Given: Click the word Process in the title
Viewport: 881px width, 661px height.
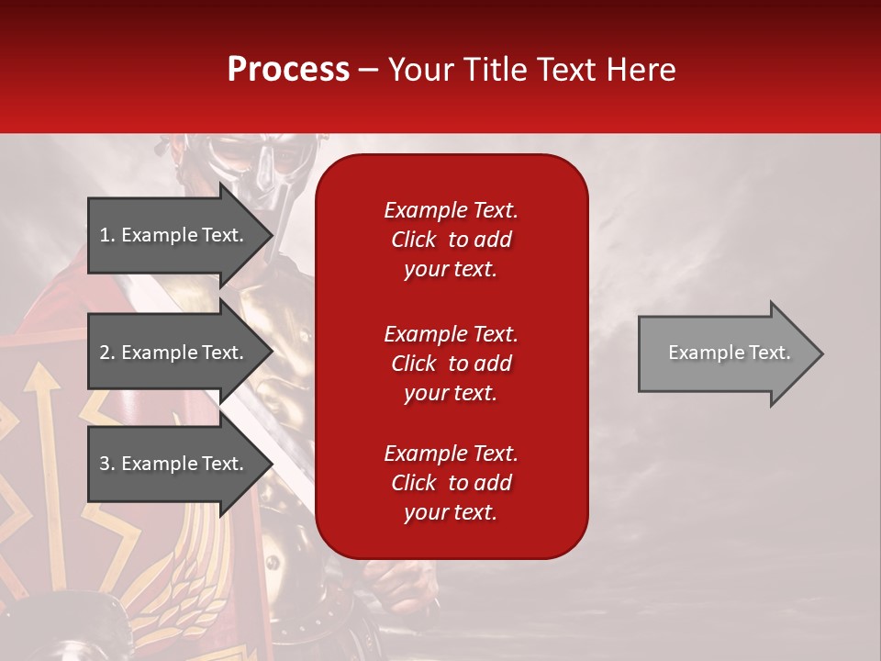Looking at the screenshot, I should click(x=288, y=70).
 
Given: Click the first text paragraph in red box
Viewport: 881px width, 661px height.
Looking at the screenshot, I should click(x=451, y=240).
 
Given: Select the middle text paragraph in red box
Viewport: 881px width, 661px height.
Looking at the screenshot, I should click(x=451, y=364).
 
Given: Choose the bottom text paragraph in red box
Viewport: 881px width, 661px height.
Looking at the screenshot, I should click(x=451, y=483).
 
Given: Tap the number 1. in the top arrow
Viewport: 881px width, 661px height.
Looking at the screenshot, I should click(x=107, y=235).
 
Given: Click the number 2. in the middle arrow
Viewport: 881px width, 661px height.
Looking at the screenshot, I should click(x=107, y=353).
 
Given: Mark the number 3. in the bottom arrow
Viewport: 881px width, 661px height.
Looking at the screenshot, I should click(x=107, y=464).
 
